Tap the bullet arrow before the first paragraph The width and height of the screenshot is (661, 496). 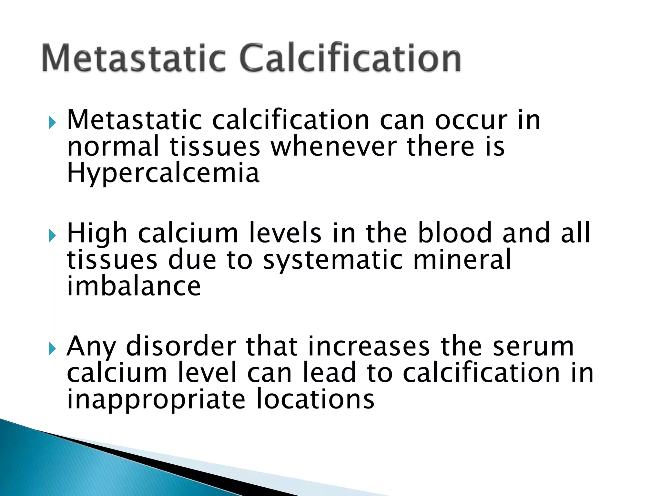pyautogui.click(x=52, y=123)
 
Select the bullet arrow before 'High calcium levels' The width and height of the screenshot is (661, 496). pyautogui.click(x=52, y=236)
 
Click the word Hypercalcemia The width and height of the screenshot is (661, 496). pyautogui.click(x=163, y=173)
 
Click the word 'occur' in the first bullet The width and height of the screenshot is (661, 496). pyautogui.click(x=471, y=120)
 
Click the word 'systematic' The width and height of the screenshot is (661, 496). pyautogui.click(x=333, y=260)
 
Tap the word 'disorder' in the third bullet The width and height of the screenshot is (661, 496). pyautogui.click(x=181, y=346)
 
